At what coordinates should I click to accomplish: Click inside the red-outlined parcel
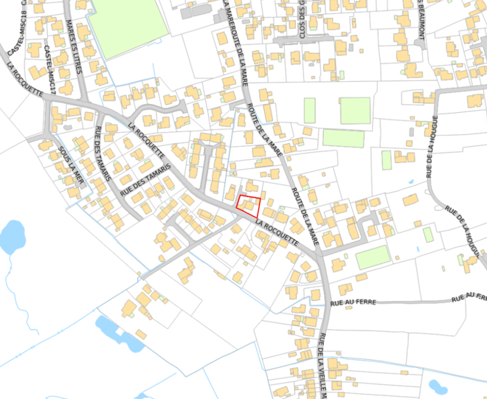pyautogui.click(x=249, y=204)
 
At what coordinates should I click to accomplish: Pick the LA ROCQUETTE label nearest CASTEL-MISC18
pyautogui.click(x=24, y=77)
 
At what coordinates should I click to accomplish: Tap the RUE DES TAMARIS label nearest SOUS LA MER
pyautogui.click(x=103, y=156)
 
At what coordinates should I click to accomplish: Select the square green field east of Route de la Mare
pyautogui.click(x=355, y=111)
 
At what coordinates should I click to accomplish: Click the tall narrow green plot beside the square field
pyautogui.click(x=309, y=111)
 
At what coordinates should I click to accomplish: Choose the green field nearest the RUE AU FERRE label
pyautogui.click(x=372, y=258)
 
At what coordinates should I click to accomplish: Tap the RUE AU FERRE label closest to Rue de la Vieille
pyautogui.click(x=354, y=302)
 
